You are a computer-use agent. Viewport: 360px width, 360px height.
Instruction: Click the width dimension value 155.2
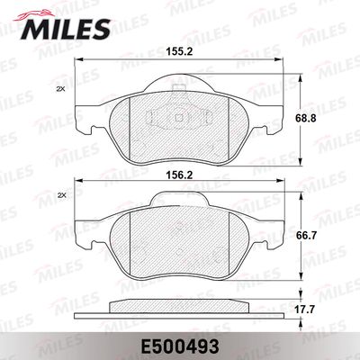tap(179, 52)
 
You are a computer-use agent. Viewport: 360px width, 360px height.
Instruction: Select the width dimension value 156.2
tap(179, 175)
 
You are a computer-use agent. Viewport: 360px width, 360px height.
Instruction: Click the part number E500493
tap(179, 347)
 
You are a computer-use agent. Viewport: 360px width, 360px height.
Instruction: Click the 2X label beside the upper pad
tap(61, 89)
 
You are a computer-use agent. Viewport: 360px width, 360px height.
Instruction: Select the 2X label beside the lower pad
tap(61, 195)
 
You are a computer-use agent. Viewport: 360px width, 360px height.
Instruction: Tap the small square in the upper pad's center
tap(179, 118)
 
